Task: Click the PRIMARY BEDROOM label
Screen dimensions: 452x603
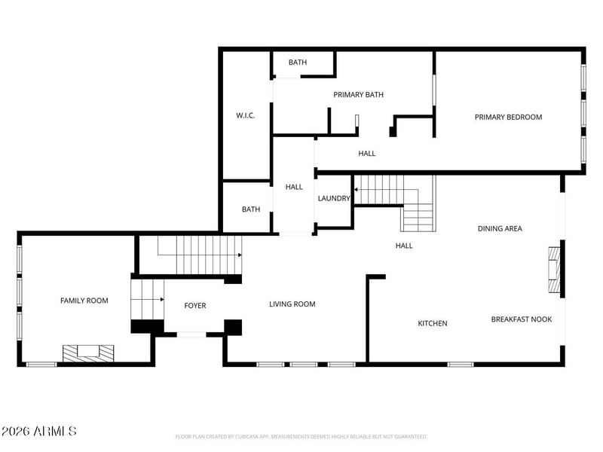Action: [508, 117]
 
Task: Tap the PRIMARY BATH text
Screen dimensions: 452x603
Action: [359, 95]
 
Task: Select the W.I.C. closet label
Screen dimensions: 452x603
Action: [245, 115]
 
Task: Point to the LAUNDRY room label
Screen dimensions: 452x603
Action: [334, 199]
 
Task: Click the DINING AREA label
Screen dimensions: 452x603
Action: [500, 228]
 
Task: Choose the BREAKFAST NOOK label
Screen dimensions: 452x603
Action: [522, 319]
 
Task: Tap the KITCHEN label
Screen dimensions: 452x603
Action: [433, 323]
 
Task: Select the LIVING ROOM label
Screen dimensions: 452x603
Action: [292, 304]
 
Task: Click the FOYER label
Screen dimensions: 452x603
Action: [195, 306]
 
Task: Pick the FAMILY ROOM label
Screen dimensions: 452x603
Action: [84, 301]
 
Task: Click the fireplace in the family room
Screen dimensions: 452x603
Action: [88, 353]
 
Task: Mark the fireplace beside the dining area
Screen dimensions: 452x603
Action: [554, 270]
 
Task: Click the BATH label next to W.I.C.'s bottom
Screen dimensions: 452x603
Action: [251, 209]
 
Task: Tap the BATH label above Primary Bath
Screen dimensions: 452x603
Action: [298, 63]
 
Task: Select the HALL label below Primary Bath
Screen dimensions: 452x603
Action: [367, 154]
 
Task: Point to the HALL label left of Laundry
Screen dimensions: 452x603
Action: [294, 187]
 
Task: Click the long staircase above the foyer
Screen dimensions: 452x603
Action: [199, 255]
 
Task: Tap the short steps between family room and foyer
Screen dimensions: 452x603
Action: [148, 299]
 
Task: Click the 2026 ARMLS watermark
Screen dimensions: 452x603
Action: [39, 432]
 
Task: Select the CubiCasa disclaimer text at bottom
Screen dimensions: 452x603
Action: [301, 437]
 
